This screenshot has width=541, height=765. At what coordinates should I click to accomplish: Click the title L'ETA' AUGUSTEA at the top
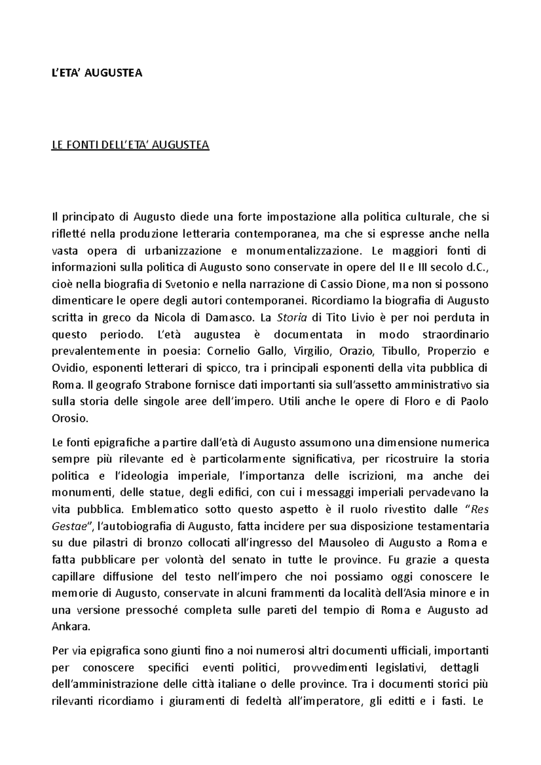coord(97,73)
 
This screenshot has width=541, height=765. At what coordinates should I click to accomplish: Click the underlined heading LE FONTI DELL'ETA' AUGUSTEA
coord(131,146)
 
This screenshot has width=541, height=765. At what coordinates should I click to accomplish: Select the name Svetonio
coord(185,284)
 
